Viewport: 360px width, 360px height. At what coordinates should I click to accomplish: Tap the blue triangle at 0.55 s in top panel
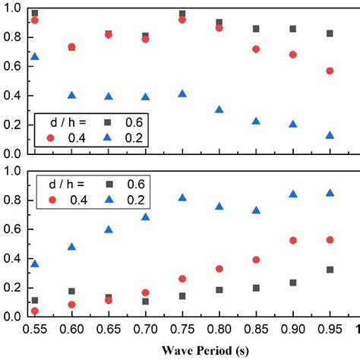tap(34, 56)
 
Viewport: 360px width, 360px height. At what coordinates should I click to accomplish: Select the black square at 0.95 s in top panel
tap(330, 33)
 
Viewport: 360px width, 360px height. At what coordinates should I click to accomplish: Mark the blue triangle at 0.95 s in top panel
tap(330, 135)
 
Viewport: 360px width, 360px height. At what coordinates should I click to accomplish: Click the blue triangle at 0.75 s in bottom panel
tap(182, 197)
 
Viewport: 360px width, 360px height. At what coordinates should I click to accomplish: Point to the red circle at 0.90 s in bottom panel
tap(293, 240)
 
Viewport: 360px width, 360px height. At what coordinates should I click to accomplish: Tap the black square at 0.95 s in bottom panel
tap(330, 270)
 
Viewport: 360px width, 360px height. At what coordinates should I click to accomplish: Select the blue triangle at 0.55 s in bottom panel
tap(34, 264)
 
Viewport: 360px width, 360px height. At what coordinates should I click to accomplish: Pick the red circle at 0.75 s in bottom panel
tap(182, 279)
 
